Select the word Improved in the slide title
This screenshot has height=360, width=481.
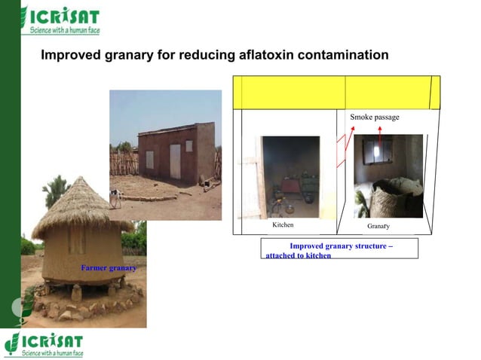click(70, 56)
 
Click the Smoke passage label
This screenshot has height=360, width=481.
click(375, 117)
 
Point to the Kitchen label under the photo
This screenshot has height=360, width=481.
click(283, 225)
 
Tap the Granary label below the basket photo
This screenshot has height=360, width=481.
click(378, 226)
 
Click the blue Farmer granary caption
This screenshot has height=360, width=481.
click(109, 268)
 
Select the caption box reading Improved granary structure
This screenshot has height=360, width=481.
click(339, 249)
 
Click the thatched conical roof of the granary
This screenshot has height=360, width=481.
click(80, 203)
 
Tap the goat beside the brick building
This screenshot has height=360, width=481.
click(115, 197)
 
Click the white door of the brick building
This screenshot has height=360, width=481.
click(175, 161)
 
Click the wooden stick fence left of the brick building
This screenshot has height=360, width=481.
click(124, 163)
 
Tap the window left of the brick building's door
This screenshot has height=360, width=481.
click(150, 159)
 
